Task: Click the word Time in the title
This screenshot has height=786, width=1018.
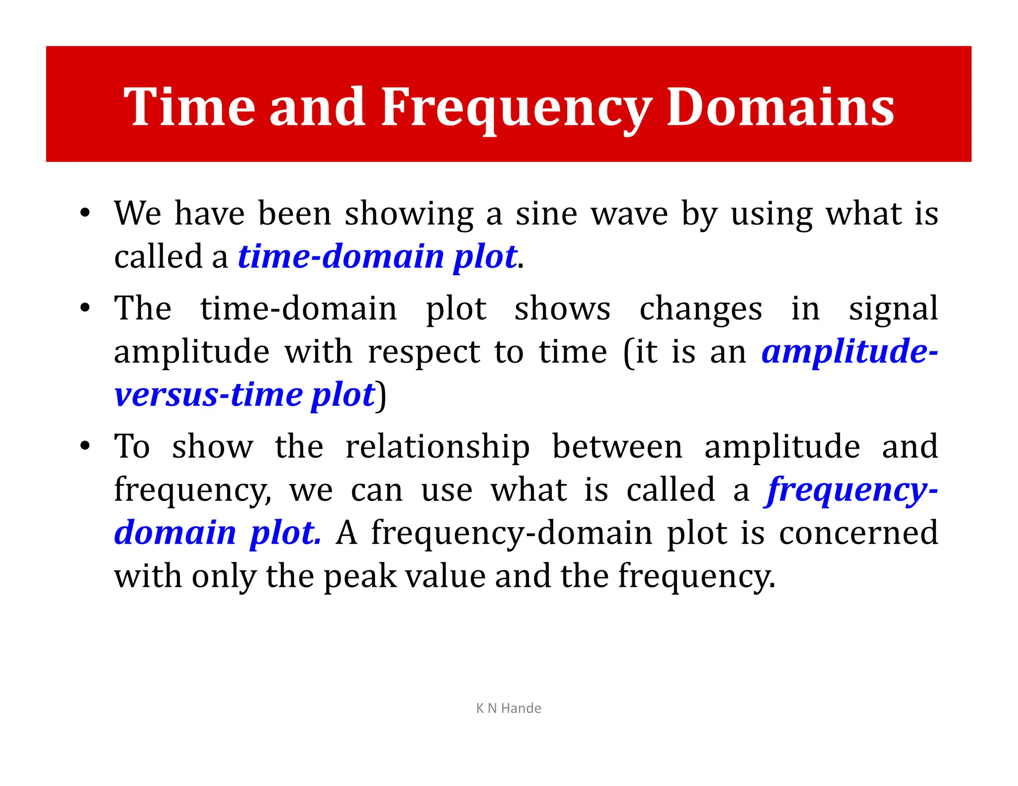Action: pos(189,107)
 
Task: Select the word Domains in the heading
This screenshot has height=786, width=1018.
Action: pos(780,107)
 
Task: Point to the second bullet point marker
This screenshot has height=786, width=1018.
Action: pos(85,308)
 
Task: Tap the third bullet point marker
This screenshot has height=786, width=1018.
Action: pos(85,446)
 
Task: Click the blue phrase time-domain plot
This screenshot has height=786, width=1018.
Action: pos(378,257)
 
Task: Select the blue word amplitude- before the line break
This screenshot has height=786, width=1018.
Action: pos(849,351)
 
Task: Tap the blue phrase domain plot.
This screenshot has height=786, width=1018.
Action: pos(218,533)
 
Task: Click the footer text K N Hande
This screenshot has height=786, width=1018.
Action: pos(509,708)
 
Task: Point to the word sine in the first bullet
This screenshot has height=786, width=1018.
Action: pos(546,214)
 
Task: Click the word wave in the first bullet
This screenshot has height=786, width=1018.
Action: pos(629,214)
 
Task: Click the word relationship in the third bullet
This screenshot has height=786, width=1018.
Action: pos(437,446)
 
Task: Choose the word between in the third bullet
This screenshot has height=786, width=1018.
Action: pos(617,446)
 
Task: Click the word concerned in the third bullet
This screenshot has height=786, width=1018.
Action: pos(858,533)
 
